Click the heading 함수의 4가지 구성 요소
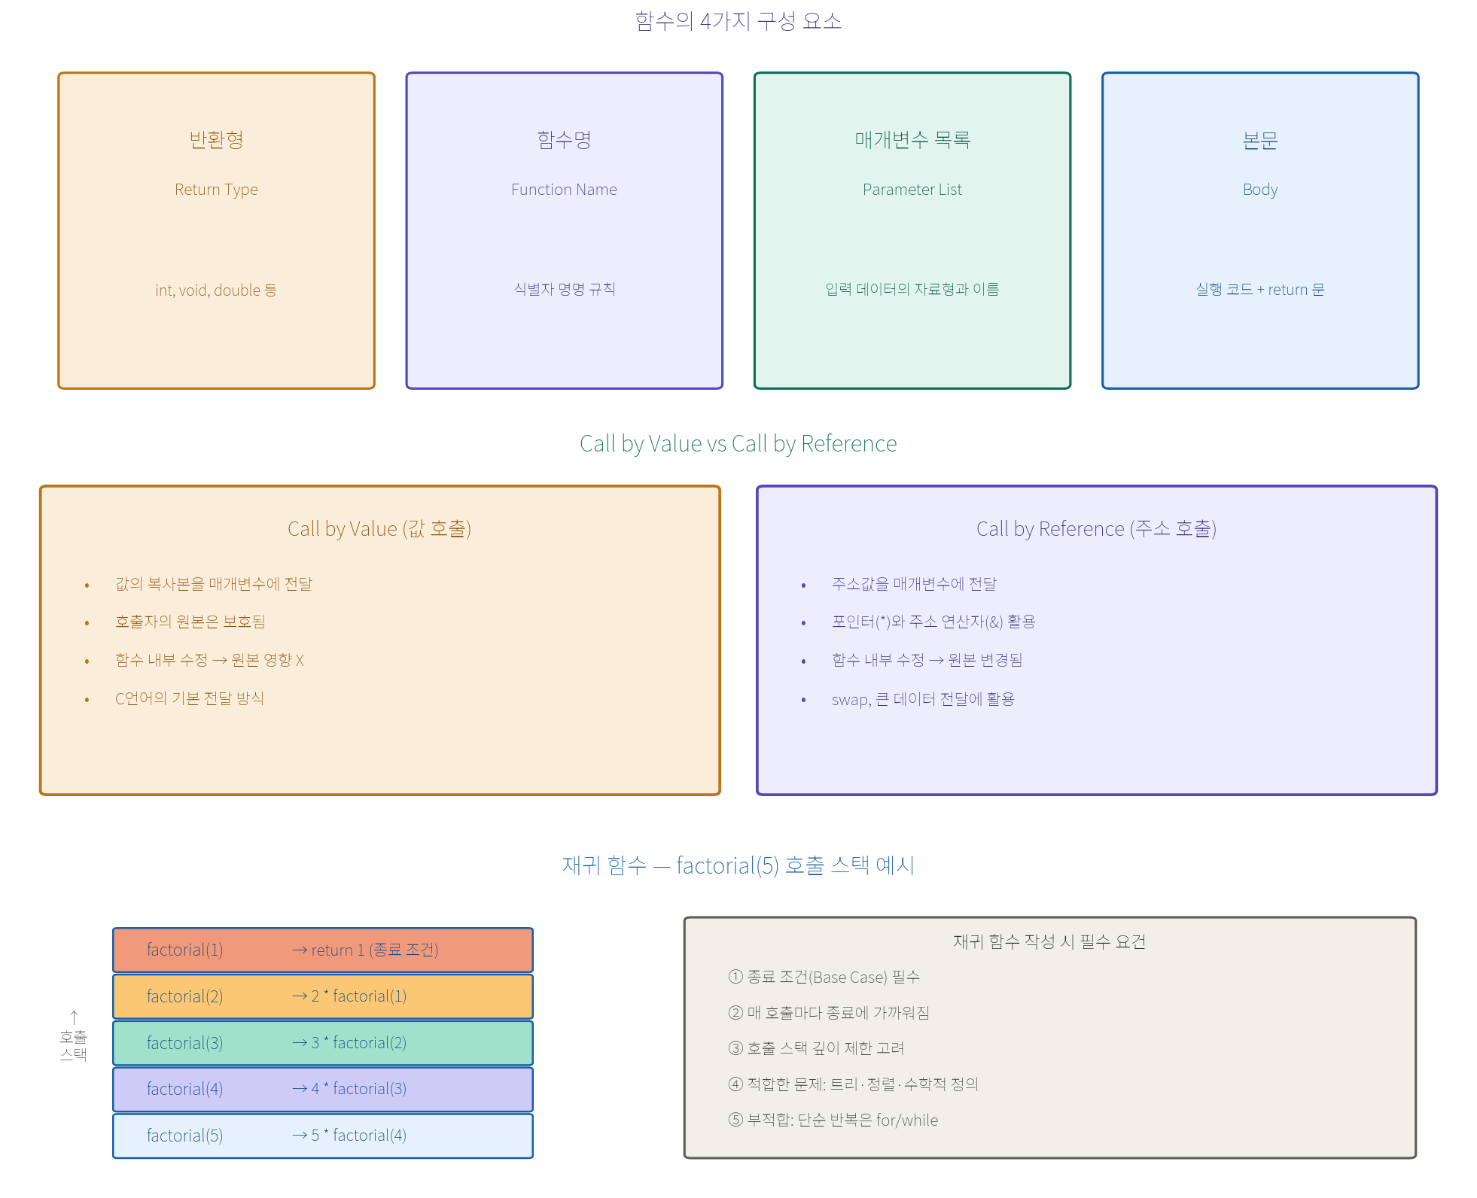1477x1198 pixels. coord(738,20)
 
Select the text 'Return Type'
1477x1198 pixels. coord(216,190)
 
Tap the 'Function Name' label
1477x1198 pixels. coord(564,190)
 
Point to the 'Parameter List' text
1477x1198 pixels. coord(912,190)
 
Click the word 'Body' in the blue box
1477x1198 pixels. coord(1260,190)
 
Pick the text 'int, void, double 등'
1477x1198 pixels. coord(216,290)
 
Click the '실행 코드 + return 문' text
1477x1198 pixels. coord(1260,290)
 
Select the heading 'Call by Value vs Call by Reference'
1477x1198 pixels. coord(738,443)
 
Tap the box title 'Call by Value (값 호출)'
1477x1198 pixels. coord(379,529)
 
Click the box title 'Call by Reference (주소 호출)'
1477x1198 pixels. coord(1096,529)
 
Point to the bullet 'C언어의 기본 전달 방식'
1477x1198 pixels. coord(190,698)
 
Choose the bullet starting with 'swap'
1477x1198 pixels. coord(923,699)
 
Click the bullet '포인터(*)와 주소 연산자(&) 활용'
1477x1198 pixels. coord(933,622)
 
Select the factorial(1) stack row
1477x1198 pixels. coord(323,950)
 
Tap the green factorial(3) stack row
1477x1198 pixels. coord(323,1043)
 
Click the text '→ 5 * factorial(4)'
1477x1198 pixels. coord(349,1136)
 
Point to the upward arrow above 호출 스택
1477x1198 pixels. coord(74,1017)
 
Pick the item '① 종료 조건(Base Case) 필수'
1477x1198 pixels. coord(824,977)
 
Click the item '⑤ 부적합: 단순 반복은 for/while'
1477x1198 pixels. coord(833,1120)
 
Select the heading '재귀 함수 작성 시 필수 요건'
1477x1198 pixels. coord(1049,941)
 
